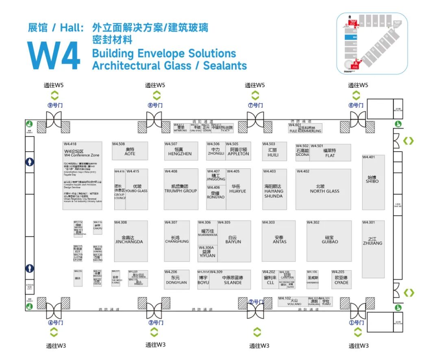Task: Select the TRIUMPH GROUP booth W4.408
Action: [x=181, y=189]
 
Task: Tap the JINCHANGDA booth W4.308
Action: [x=130, y=241]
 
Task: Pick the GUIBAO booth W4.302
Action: [x=329, y=241]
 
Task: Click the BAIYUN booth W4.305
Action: [x=234, y=241]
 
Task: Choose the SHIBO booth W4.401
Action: [x=373, y=182]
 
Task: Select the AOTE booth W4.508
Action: [x=130, y=151]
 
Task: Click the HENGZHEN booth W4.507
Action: [x=180, y=151]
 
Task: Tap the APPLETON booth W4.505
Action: [x=238, y=151]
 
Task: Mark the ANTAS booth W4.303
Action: [x=279, y=241]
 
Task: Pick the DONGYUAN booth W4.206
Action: [x=176, y=279]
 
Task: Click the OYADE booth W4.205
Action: [x=341, y=279]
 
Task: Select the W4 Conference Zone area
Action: [x=82, y=176]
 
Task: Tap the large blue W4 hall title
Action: [x=54, y=55]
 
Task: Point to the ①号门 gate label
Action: [x=356, y=323]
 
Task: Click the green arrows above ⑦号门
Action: [x=255, y=96]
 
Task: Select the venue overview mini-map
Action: [x=372, y=44]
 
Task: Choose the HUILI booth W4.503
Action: [x=274, y=151]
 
